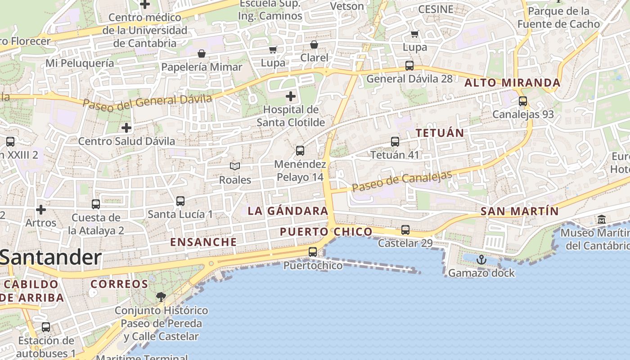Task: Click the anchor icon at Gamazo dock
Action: [481, 260]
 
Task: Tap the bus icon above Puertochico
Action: [313, 252]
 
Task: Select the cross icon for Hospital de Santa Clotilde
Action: [291, 96]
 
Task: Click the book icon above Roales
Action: [235, 166]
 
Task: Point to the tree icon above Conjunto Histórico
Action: [161, 297]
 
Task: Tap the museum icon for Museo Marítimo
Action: [601, 220]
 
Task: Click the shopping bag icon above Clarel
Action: [314, 45]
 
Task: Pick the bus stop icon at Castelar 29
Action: [405, 230]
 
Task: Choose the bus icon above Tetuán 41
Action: [395, 141]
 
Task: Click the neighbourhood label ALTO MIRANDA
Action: [512, 83]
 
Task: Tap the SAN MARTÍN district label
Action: [519, 211]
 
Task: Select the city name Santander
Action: [50, 258]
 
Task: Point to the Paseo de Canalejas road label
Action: [402, 181]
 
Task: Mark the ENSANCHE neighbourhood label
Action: [203, 242]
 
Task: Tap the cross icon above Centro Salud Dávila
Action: [126, 128]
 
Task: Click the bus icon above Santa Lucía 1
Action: [180, 201]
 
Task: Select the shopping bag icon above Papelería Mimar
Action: [202, 54]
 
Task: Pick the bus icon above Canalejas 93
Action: [522, 101]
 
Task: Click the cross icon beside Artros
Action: [41, 210]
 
